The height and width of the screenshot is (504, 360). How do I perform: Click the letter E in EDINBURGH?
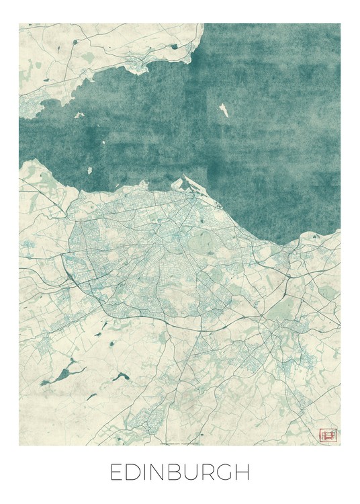click(x=117, y=472)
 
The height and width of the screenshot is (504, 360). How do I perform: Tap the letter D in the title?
click(x=134, y=472)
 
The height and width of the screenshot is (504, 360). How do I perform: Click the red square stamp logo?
click(x=328, y=435)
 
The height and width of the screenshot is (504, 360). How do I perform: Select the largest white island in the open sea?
click(x=224, y=110)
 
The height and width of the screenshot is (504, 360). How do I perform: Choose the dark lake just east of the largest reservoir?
click(x=122, y=376)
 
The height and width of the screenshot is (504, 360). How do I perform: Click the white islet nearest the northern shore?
click(x=79, y=115)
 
